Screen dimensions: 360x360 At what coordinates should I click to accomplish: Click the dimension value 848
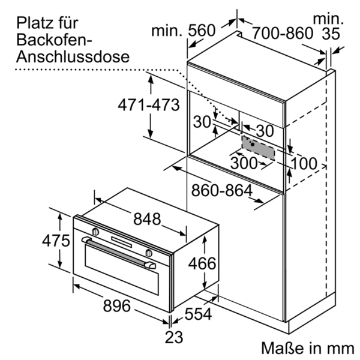pos(148,219)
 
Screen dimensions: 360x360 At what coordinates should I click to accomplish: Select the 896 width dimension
pos(116,305)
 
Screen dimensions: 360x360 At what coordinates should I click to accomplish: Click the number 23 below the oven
pos(173,337)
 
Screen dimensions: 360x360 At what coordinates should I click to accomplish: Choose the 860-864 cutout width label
pos(221,191)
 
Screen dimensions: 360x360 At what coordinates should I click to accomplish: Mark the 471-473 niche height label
pos(148,105)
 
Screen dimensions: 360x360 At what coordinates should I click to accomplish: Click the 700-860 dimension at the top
pos(282,32)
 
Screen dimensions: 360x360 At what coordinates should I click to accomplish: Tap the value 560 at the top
pos(202,30)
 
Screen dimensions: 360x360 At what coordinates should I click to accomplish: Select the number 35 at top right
pos(331,34)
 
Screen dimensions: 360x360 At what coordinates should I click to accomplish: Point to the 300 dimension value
pos(244,163)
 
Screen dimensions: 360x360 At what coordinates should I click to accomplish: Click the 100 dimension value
pos(304,163)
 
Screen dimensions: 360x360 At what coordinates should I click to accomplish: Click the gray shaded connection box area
pos(259,147)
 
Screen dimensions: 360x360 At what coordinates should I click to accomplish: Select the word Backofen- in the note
pos(53,40)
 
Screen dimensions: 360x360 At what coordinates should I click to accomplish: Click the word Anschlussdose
pos(73,58)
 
